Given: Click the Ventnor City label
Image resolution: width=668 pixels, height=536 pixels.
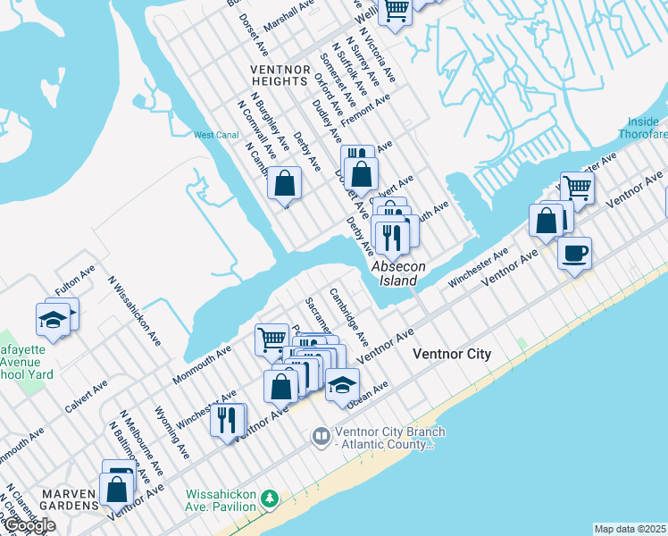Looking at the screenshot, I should click(x=451, y=355).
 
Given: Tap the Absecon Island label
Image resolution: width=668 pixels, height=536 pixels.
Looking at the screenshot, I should click(x=394, y=273).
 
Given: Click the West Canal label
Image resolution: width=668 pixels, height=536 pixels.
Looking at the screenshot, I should click(x=215, y=135).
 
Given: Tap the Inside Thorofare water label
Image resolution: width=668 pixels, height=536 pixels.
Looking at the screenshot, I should click(x=642, y=128).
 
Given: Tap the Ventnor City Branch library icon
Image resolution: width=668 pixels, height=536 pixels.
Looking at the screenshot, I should click(x=321, y=437).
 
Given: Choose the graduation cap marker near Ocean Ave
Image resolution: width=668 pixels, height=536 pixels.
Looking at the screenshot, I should click(x=342, y=384).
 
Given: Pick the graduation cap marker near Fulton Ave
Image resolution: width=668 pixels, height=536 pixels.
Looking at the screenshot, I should click(x=54, y=319).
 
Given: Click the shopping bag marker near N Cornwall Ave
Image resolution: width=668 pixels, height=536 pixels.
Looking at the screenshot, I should click(x=284, y=183).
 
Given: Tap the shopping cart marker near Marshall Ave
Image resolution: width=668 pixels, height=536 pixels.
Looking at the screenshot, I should click(x=396, y=11).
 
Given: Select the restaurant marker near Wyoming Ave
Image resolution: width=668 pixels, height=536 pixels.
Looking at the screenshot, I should click(x=228, y=418).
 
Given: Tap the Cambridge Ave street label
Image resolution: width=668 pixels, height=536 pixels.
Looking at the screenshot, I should click(x=348, y=316).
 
